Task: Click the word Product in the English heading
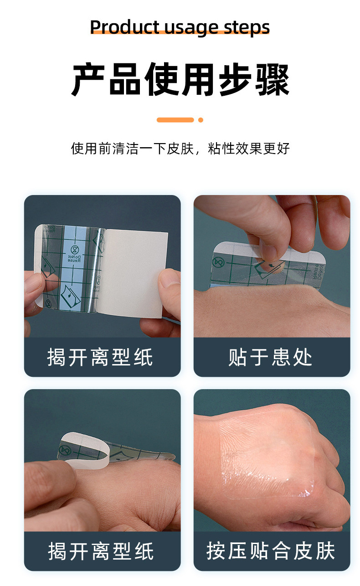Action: [x=124, y=27]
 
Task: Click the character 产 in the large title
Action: [x=88, y=80]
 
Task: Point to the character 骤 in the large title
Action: [x=273, y=80]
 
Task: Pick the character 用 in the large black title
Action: [x=199, y=80]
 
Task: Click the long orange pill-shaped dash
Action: [x=175, y=120]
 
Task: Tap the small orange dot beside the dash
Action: [x=201, y=120]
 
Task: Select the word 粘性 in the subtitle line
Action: [x=221, y=149]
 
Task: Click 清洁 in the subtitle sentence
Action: [x=126, y=149]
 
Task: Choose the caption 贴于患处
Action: [x=270, y=357]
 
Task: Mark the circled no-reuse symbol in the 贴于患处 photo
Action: [x=218, y=262]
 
